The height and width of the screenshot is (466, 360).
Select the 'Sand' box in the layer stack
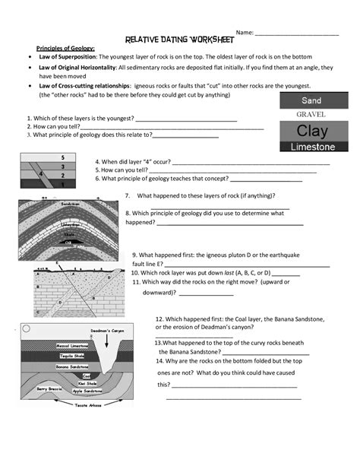pyautogui.click(x=311, y=100)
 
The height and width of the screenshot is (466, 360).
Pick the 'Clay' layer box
pyautogui.click(x=311, y=130)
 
